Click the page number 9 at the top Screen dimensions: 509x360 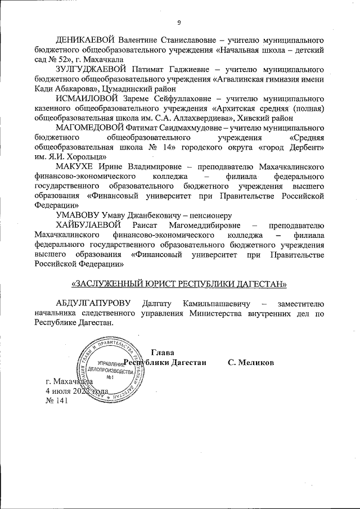coord(179,23)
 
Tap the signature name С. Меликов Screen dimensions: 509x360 coord(251,362)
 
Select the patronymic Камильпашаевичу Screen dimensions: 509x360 coord(211,304)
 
